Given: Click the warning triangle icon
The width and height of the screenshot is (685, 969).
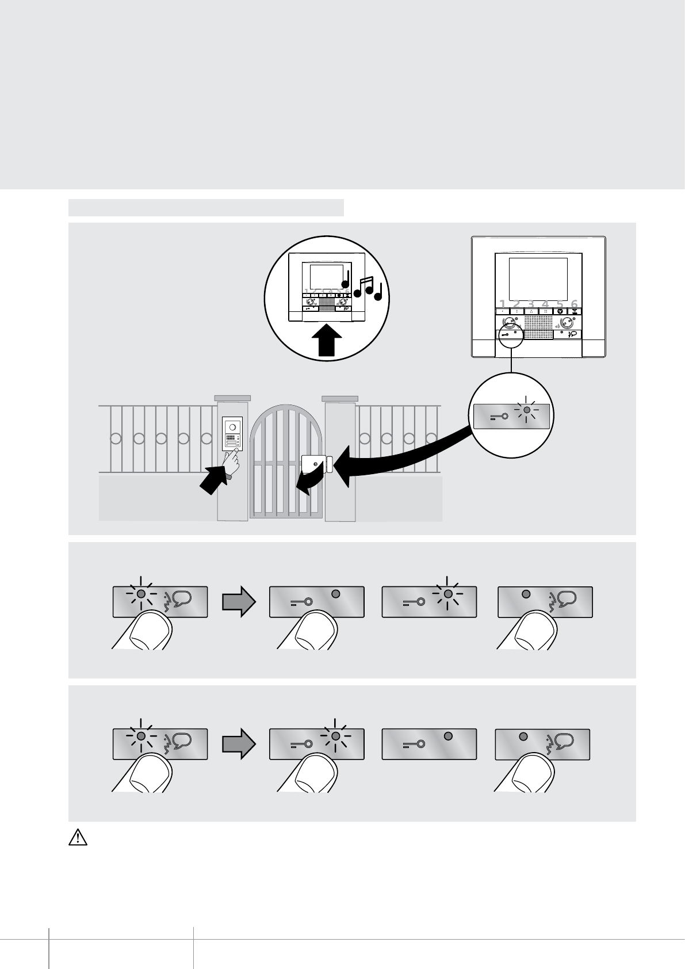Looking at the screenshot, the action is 78,838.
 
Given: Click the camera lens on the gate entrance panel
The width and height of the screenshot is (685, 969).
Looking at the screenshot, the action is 233,428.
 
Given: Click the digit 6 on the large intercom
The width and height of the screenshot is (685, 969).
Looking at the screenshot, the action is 574,303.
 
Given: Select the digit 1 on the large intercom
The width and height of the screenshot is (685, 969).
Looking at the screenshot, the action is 503,303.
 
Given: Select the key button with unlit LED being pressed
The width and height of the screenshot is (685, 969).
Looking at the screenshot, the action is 316,601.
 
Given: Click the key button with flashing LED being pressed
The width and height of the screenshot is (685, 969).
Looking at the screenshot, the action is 316,744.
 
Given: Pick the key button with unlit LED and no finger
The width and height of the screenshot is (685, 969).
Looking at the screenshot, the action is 429,744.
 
